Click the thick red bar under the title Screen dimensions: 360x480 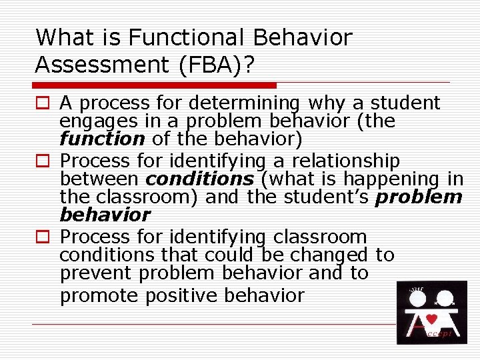(155, 85)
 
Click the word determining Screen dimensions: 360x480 (244, 103)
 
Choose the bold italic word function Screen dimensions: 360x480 (101, 140)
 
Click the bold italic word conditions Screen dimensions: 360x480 (199, 179)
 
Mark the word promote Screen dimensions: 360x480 (97, 295)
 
